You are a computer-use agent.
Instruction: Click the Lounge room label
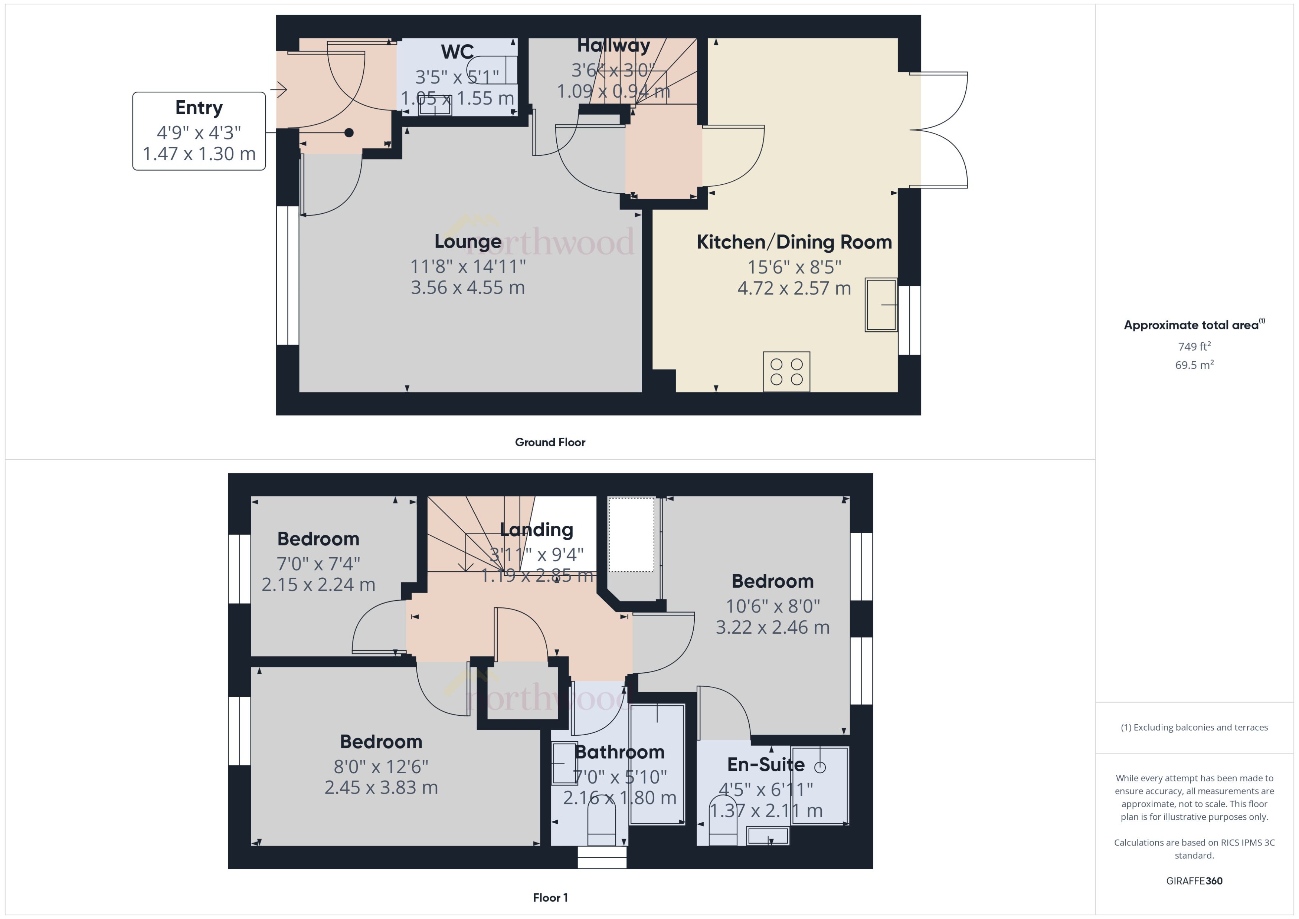(468, 241)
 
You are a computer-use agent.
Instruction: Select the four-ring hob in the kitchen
(786, 372)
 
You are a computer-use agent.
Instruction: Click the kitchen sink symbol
(881, 305)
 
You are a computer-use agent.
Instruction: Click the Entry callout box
(199, 131)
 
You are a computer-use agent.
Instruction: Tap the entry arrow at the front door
(279, 89)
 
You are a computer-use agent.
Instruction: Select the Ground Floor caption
(550, 442)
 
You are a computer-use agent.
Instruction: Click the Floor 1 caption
(550, 897)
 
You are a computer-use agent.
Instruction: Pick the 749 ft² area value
(1194, 346)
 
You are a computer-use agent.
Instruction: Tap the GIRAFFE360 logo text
(1194, 880)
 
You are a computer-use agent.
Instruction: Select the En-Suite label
(765, 765)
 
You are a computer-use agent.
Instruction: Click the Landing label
(536, 530)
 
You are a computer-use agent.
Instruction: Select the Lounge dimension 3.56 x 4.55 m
(468, 288)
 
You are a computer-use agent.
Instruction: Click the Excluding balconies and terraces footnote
(1194, 727)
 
